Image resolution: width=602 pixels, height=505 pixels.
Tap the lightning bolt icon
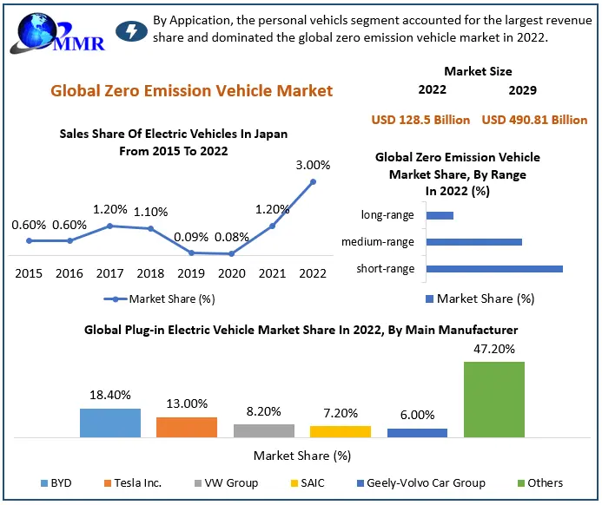[x=131, y=31]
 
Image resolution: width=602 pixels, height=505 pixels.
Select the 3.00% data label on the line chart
[x=313, y=165]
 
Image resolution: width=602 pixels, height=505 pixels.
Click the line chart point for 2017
[x=109, y=226]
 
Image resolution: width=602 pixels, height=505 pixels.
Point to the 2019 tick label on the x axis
[x=191, y=273]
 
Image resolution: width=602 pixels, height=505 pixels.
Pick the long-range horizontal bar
[x=440, y=215]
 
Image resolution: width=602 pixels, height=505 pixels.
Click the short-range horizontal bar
[x=495, y=269]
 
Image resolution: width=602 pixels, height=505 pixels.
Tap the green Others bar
[x=494, y=398]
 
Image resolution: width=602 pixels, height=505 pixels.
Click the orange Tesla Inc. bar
[x=187, y=426]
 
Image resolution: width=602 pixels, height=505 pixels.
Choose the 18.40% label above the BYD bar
[x=110, y=395]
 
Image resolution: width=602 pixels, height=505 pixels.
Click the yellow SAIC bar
[x=341, y=430]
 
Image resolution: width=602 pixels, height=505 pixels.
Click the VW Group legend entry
[x=226, y=482]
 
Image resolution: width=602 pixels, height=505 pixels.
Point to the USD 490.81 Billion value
[x=534, y=120]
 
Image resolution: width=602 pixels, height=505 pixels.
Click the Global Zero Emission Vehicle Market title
[x=191, y=90]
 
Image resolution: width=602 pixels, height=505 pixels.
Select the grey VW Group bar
[x=264, y=430]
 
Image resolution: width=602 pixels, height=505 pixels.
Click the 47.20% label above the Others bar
[x=494, y=349]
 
